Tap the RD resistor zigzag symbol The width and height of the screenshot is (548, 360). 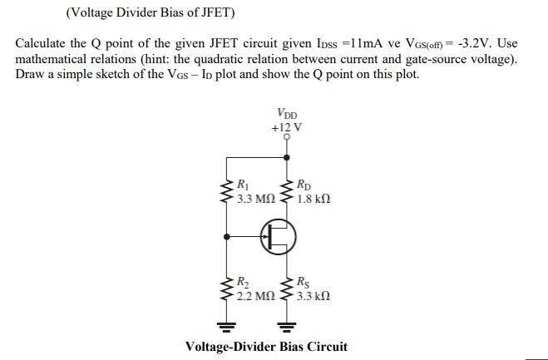[287, 192]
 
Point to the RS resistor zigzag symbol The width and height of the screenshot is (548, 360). [287, 288]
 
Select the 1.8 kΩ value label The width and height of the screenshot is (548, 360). [313, 200]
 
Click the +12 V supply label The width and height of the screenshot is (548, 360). [287, 127]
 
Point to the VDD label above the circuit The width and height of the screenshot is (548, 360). [288, 114]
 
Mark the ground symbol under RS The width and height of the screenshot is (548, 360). [287, 323]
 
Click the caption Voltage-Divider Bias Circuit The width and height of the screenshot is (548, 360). [266, 347]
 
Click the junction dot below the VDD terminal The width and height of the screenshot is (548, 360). [287, 155]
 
